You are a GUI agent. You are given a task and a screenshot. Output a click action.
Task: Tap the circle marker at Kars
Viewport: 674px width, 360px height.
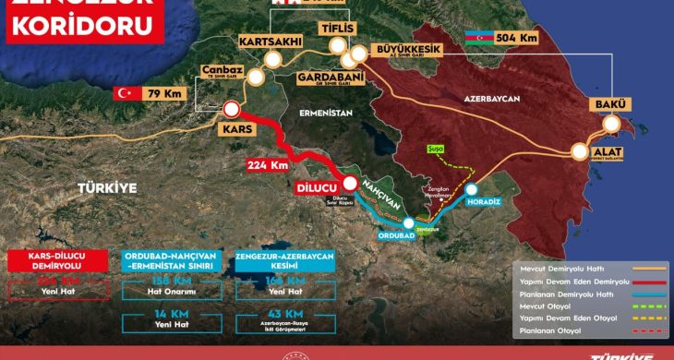click(231, 110)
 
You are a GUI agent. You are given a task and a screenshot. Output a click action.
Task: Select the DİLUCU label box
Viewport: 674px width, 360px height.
click(315, 187)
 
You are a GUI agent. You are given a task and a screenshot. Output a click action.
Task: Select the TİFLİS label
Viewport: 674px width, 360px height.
click(337, 30)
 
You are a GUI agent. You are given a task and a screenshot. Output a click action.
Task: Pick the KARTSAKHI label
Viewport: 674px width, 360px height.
click(270, 42)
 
